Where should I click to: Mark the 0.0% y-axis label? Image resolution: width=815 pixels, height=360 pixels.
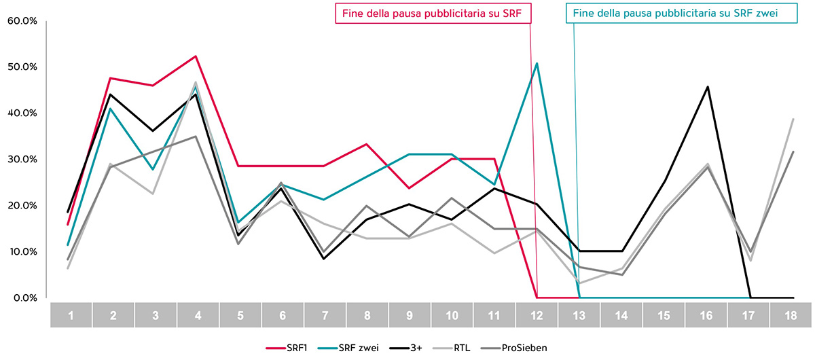[24, 298]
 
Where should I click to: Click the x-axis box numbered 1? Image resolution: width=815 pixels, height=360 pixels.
[71, 316]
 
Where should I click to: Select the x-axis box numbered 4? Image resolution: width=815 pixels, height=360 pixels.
[197, 316]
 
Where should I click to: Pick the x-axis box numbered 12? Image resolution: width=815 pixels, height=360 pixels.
[537, 316]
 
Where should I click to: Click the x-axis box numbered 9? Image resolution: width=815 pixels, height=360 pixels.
[410, 316]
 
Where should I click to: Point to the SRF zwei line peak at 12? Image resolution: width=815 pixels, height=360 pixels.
[537, 63]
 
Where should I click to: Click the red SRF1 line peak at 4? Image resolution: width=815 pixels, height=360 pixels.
[196, 56]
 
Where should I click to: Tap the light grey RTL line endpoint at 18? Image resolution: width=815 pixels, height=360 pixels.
[793, 119]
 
